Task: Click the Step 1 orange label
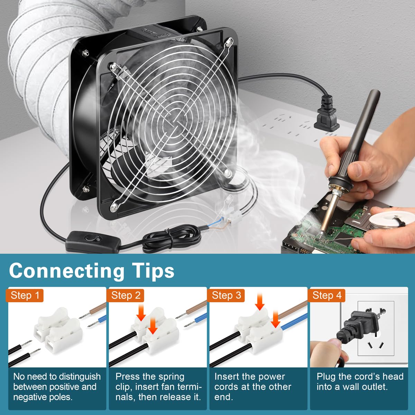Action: coord(26,295)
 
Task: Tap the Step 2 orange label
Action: coord(126,295)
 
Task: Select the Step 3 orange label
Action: coord(227,295)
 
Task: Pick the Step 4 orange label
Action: coord(327,295)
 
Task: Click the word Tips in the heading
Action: coord(153,270)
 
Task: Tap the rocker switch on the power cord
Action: coord(91,239)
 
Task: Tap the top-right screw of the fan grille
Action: coord(229,43)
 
